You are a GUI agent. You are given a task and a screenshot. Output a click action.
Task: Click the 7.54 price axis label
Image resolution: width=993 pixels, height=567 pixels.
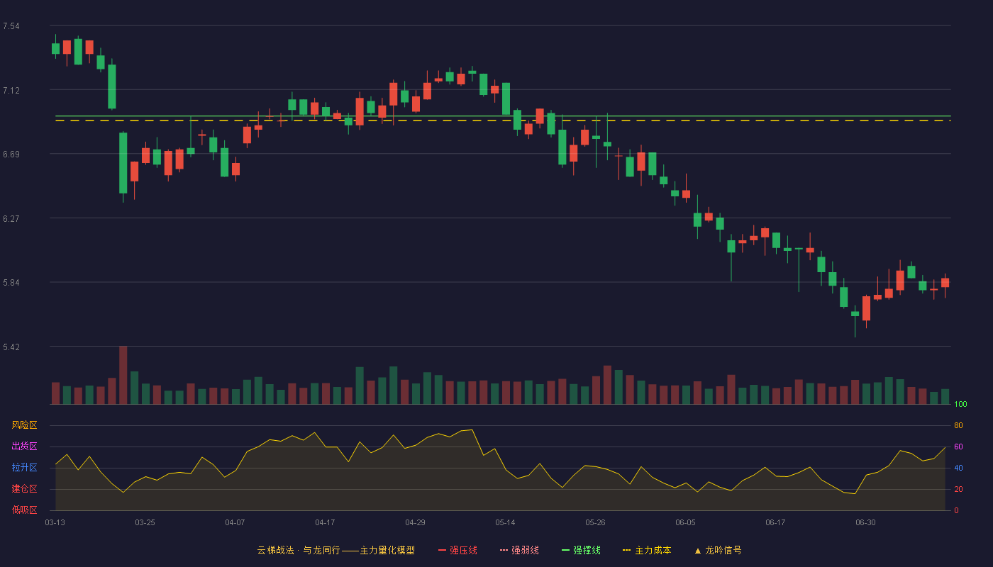11,26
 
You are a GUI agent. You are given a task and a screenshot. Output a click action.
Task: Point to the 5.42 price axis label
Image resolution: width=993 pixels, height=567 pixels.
11,347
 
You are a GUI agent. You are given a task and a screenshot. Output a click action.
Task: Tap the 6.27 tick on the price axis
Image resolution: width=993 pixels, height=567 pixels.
11,219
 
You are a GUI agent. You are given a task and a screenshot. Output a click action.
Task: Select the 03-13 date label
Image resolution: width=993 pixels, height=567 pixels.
55,523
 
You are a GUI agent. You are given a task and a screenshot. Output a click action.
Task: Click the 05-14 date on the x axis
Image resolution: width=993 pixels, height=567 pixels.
505,523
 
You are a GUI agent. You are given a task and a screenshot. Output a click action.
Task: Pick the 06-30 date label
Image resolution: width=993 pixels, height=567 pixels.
866,523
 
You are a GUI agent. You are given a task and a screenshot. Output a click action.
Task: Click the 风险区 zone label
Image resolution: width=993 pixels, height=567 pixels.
24,425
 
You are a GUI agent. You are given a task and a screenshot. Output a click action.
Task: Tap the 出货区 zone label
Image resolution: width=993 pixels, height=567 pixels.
24,446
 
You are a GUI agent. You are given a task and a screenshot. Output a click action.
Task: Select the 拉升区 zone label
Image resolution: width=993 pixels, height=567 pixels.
24,467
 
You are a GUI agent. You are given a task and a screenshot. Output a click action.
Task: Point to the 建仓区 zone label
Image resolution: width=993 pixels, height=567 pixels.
24,488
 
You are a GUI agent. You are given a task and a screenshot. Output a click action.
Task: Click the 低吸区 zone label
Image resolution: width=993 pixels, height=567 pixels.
24,510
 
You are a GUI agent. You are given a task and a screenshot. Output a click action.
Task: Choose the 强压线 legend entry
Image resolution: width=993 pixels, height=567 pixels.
457,550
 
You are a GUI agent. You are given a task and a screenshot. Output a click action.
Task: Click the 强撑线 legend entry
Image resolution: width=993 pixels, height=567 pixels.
581,550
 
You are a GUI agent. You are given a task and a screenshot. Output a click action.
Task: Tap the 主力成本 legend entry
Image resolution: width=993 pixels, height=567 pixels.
647,550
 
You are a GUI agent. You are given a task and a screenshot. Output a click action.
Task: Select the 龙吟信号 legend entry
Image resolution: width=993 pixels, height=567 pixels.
718,550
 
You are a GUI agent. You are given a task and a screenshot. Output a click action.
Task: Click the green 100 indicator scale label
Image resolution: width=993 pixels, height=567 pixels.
960,404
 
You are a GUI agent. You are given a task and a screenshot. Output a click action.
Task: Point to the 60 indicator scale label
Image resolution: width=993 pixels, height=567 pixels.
958,447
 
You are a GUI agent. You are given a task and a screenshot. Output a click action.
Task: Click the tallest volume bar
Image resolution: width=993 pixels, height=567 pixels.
123,375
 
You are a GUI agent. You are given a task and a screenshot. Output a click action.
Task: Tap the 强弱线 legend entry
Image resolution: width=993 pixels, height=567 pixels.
519,550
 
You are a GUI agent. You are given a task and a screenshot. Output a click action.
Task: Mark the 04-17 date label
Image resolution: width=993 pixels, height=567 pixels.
325,523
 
